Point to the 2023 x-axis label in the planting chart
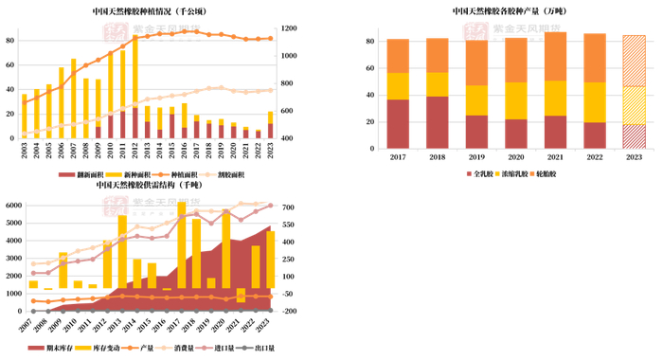270,151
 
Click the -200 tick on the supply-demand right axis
291,311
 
